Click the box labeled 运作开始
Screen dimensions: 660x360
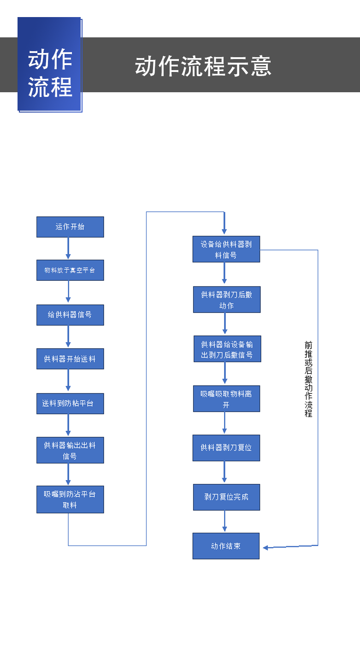[70, 227]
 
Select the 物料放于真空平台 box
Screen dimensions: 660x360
[70, 270]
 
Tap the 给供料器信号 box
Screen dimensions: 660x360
[70, 315]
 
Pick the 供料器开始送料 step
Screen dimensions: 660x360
[70, 359]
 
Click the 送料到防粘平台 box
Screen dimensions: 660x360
[70, 404]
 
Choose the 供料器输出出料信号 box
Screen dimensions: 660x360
[70, 450]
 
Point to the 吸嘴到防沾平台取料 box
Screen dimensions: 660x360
[70, 499]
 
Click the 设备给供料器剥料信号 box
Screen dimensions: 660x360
[226, 250]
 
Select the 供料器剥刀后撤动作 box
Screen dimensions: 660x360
[226, 300]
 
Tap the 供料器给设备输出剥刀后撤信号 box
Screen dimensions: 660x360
[227, 349]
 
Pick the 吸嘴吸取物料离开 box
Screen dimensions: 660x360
[226, 399]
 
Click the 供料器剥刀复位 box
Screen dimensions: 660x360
[226, 448]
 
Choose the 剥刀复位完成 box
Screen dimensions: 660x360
[226, 497]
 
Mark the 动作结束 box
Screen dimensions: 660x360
[226, 546]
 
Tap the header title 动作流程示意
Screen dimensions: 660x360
[203, 66]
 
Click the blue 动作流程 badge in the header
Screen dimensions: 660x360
[50, 65]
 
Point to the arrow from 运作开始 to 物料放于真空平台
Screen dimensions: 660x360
[68, 248]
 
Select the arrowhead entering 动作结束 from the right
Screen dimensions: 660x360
[266, 547]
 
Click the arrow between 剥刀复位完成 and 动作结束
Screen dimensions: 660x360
[224, 521]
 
